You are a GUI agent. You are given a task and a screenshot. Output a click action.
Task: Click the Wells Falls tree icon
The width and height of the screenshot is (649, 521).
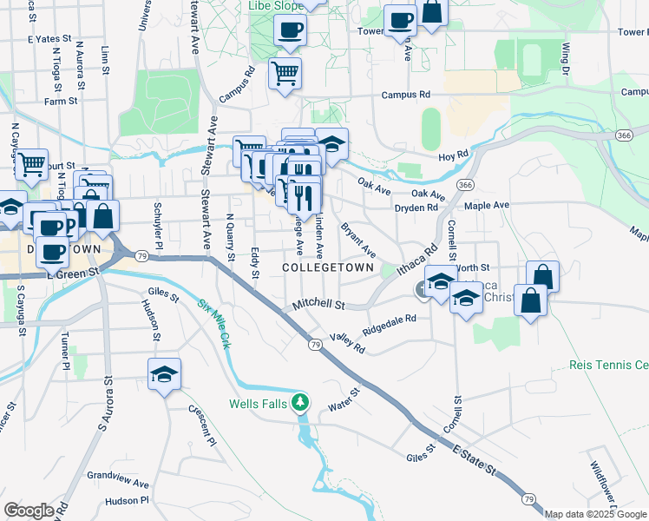click(299, 403)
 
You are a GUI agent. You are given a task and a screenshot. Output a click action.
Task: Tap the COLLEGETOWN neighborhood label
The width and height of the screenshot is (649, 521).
click(328, 267)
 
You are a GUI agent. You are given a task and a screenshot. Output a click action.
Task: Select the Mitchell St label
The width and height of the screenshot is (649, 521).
click(318, 306)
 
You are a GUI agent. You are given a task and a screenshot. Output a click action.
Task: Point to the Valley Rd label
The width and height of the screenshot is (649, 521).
click(347, 343)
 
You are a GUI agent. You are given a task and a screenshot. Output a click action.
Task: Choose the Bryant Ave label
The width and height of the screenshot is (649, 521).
click(357, 240)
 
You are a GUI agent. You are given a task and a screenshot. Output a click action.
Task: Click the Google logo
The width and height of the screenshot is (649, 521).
click(29, 510)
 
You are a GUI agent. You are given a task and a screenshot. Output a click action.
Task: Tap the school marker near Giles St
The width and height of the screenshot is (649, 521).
click(164, 374)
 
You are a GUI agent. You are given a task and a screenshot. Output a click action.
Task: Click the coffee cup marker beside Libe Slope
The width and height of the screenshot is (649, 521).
click(290, 30)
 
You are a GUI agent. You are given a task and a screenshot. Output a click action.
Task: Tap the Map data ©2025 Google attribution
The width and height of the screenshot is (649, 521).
click(594, 514)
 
